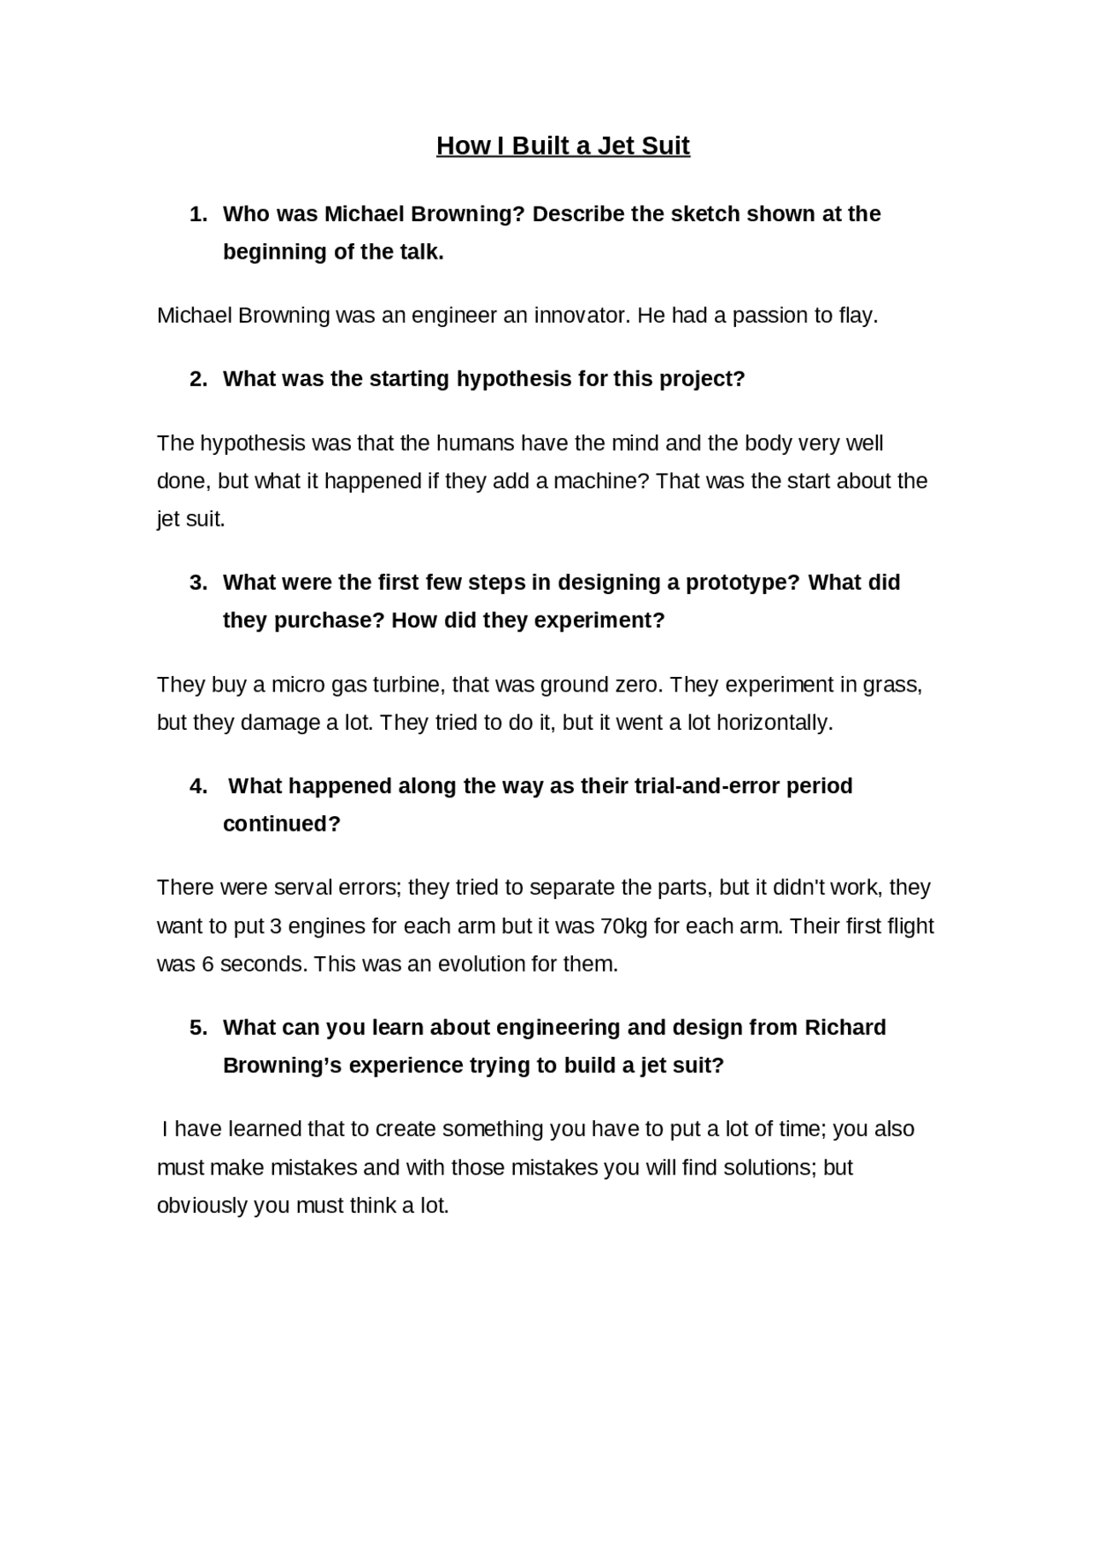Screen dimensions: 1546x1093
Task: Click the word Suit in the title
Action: pos(665,146)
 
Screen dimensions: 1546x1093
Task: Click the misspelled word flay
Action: pos(857,315)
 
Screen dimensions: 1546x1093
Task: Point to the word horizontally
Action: pos(771,722)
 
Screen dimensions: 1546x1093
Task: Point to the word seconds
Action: pos(263,964)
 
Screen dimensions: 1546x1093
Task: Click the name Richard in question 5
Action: pos(845,1027)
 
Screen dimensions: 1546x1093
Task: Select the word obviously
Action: pos(202,1205)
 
